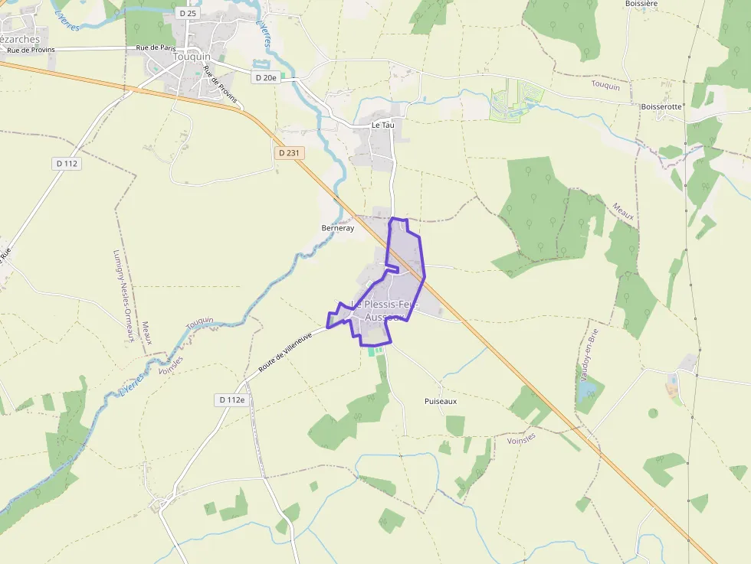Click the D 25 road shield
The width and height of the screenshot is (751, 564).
(186, 13)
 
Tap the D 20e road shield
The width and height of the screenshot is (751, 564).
(265, 77)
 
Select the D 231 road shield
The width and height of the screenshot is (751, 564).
(289, 153)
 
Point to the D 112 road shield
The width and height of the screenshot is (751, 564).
(67, 163)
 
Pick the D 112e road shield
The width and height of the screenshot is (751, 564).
(231, 399)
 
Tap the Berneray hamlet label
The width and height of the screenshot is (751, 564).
(337, 228)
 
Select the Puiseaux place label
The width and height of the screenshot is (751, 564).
(440, 401)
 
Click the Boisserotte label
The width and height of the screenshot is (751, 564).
(661, 107)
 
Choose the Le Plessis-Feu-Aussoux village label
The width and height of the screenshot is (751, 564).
(385, 311)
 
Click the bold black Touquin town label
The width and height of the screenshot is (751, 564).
(192, 57)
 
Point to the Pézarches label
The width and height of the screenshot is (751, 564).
(18, 40)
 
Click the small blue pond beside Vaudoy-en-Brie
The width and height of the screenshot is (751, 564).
(587, 392)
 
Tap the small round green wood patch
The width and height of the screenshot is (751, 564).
(653, 413)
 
